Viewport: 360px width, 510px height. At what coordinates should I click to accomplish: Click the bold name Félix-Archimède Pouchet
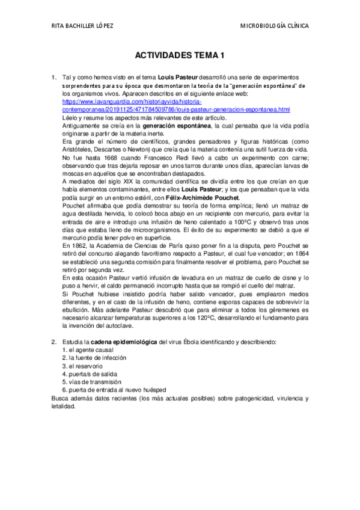click(x=204, y=198)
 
